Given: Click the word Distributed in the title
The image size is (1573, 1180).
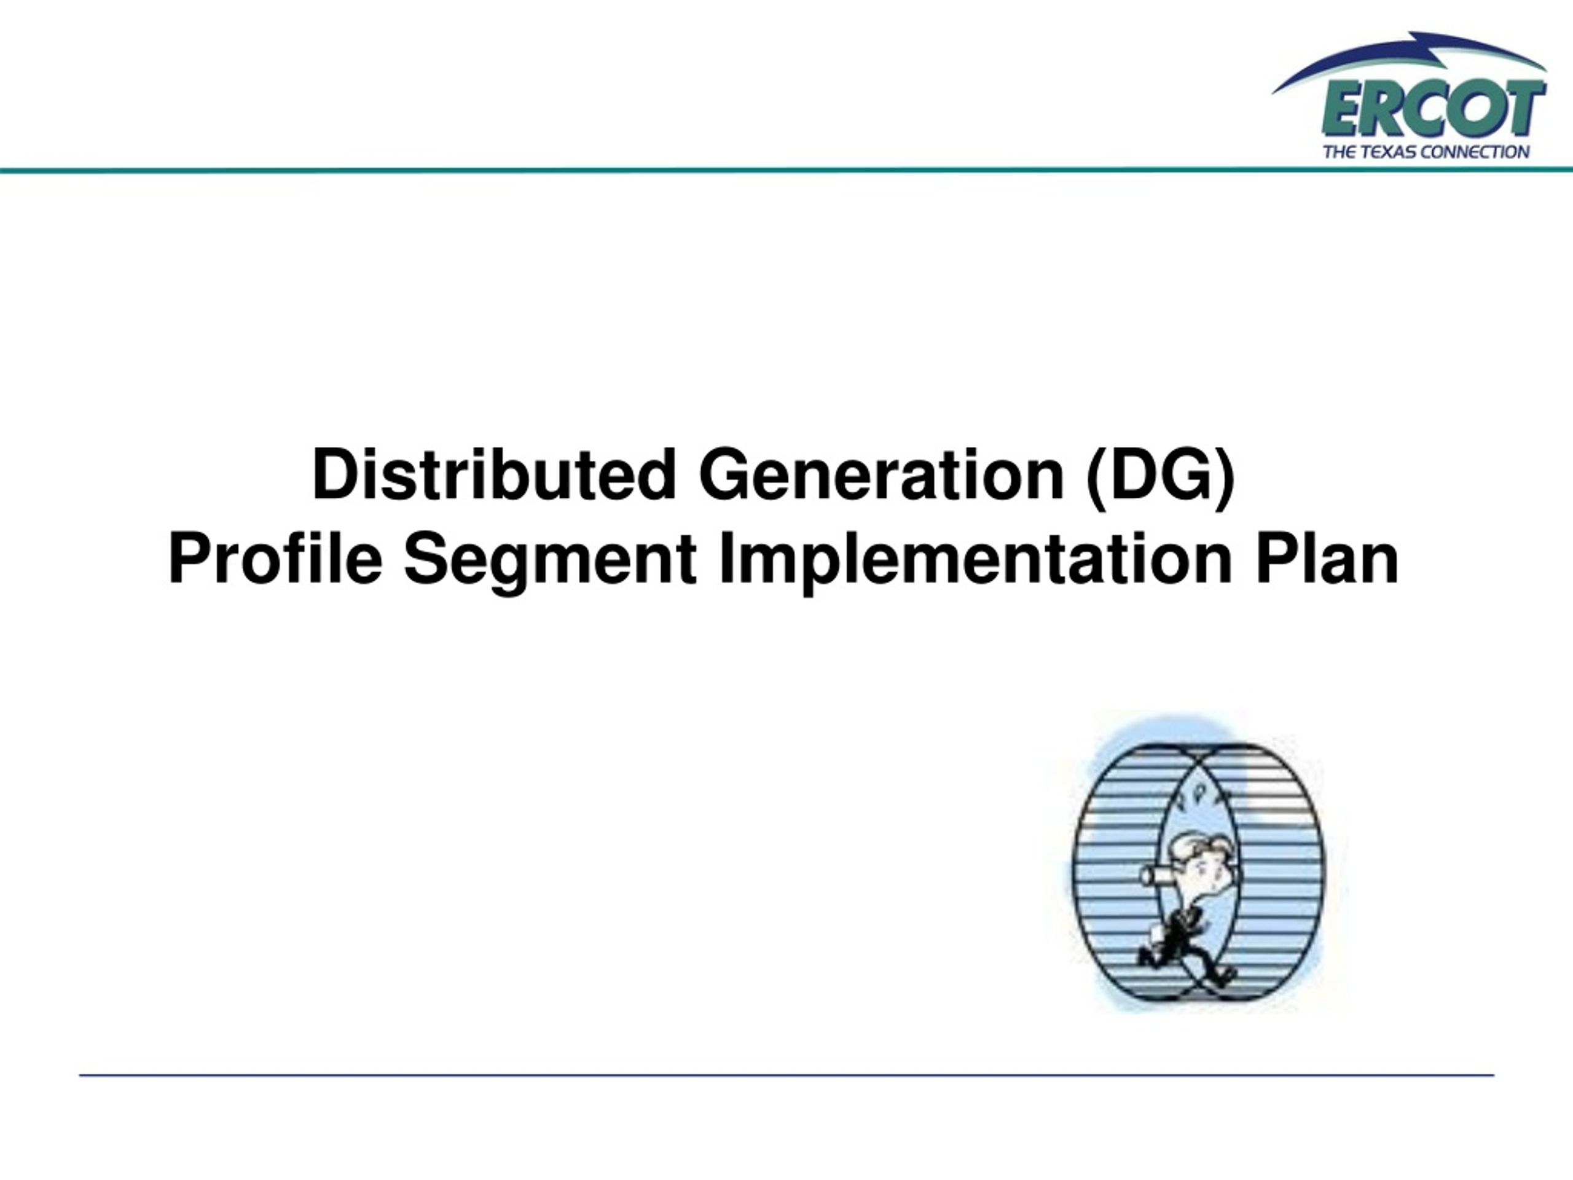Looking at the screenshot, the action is pos(493,475).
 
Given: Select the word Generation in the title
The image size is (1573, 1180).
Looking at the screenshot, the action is pos(882,475).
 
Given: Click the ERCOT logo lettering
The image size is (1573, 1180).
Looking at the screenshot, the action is pos(1433,109).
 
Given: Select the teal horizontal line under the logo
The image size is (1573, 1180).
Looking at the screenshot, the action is pos(786,171).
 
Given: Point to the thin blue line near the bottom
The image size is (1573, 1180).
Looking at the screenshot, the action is pos(786,1076).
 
